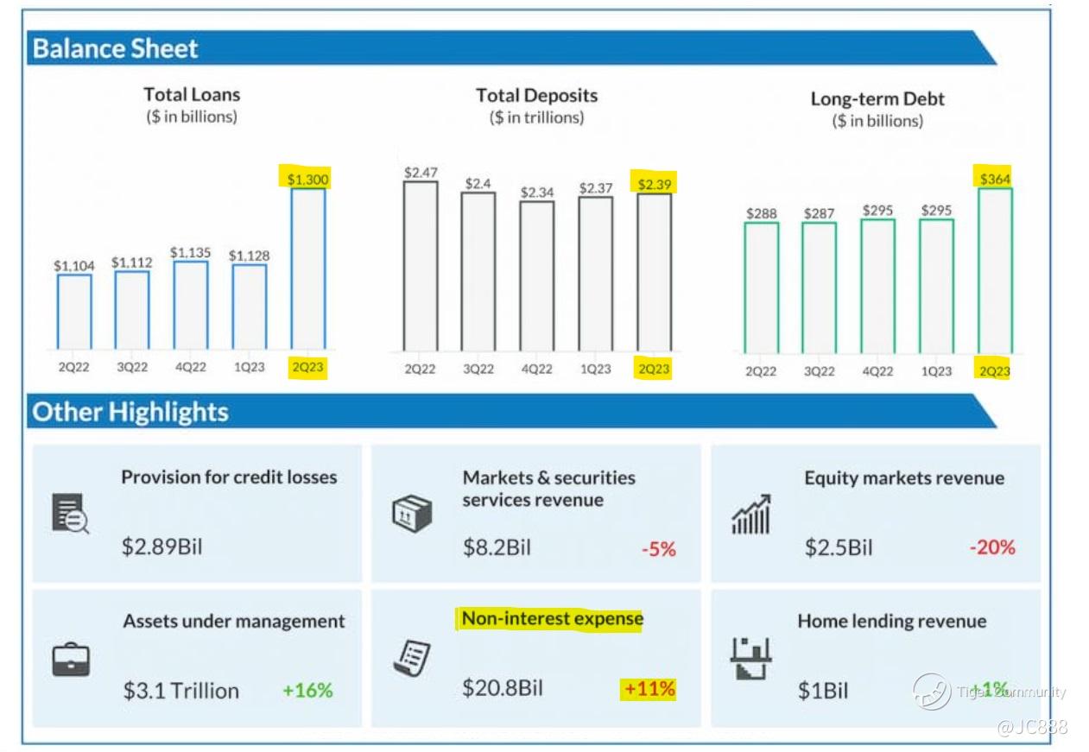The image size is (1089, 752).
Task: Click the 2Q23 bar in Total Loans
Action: coord(308,269)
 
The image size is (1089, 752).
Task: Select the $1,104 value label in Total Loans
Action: coord(73,266)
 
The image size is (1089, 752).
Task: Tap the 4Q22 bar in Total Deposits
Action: coord(537,275)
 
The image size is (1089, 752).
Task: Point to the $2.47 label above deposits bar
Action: coord(420,173)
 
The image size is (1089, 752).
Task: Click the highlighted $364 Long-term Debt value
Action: coord(995,179)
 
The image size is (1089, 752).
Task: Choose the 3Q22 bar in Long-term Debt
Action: coord(819,287)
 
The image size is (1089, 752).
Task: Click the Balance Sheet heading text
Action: coord(115,48)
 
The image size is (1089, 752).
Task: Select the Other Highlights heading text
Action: coord(130,412)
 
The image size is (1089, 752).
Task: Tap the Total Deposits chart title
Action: coord(536,96)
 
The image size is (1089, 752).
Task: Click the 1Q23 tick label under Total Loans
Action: coord(250,367)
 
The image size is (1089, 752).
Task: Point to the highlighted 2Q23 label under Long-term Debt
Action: coord(994,370)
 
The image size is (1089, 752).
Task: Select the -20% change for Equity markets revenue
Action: coord(991,547)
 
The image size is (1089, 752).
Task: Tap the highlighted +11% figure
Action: coord(649,689)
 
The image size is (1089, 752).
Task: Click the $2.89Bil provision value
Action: coord(161,547)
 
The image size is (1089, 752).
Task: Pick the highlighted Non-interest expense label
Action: coord(552,619)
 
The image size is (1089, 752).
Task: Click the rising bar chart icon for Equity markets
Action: coord(751,515)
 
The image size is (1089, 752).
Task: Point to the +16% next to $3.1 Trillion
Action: coord(307,690)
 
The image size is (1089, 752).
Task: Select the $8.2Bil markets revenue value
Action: coord(497,547)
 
